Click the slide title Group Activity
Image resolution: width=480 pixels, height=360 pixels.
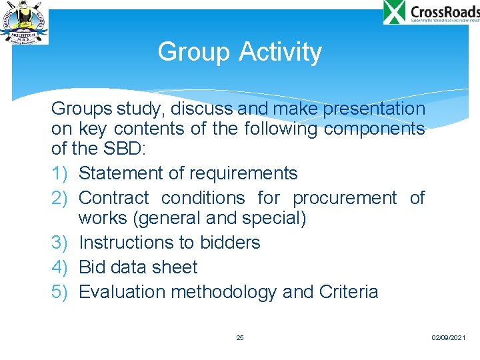coord(239,52)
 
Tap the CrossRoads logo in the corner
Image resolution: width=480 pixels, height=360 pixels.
coord(431,13)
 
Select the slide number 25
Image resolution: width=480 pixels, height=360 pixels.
coord(240,338)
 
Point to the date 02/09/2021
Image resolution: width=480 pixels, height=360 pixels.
coord(448,339)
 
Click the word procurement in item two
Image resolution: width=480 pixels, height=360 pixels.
coord(344,198)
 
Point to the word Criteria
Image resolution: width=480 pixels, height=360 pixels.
coord(349,292)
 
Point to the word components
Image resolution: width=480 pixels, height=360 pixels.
coord(374,129)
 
